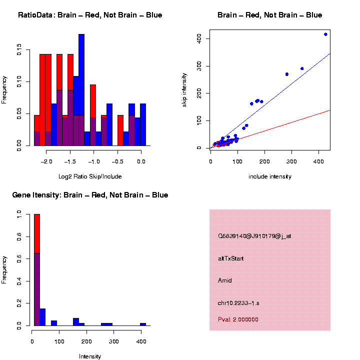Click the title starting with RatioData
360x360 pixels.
[90, 15]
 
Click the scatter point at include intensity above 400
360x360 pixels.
[325, 34]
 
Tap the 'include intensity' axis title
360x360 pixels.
[270, 176]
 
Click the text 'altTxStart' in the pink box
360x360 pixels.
[230, 258]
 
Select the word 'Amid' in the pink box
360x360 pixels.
[225, 280]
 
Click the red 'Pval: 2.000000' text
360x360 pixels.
[238, 319]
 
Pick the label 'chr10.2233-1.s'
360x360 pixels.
[238, 303]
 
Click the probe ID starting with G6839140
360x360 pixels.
[254, 235]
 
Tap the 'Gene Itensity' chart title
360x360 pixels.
[90, 195]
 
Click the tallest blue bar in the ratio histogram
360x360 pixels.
[81, 90]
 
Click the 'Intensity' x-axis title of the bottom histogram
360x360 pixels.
[90, 356]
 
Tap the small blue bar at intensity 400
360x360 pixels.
[143, 324]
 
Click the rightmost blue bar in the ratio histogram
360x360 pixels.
[143, 124]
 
